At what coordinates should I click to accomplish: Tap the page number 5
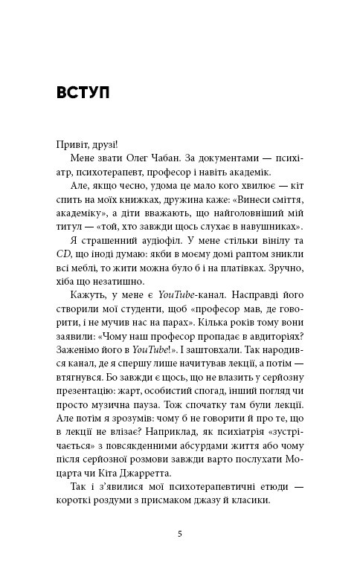point(179,533)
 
